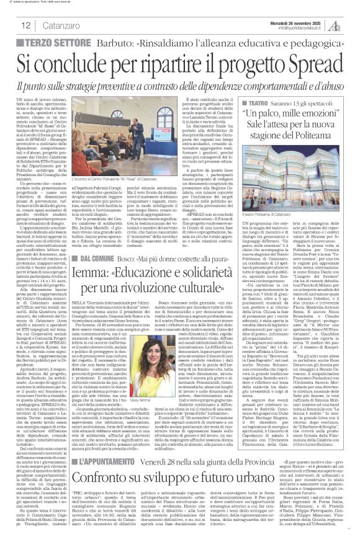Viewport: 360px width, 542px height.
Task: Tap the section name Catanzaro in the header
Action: tap(63, 25)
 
